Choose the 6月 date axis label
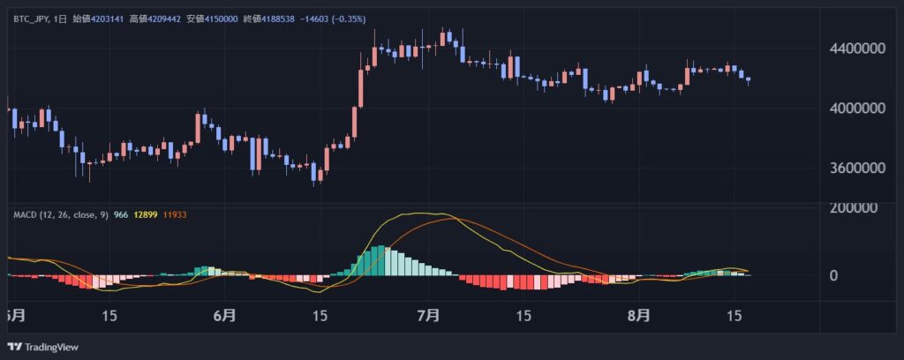225,315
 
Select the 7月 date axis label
428,315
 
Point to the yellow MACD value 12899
141,214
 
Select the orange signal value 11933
174,214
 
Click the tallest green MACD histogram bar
380,261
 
